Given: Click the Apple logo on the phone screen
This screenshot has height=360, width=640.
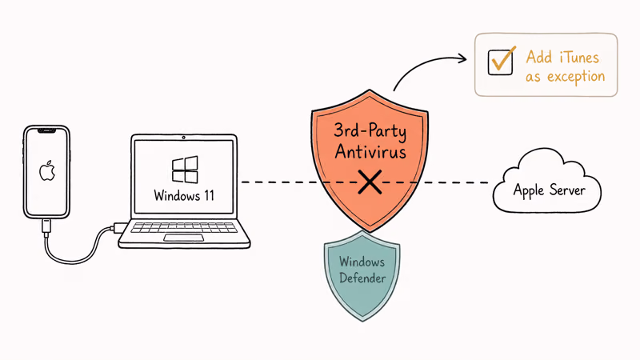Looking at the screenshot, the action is point(47,170).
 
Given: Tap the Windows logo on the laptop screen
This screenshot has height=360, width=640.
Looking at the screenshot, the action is point(185,170).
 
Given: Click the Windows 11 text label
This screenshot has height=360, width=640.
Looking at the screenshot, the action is point(184,195).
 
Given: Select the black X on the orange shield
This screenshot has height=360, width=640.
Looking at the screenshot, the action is point(370,182).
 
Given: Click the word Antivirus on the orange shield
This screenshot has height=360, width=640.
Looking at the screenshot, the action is point(370,152).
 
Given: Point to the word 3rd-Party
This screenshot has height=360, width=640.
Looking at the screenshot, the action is point(370,131).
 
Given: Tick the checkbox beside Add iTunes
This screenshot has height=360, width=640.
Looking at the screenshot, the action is point(501,62).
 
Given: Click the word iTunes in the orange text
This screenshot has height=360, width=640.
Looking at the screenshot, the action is point(579,57).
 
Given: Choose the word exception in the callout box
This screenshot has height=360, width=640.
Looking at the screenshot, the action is point(576,77).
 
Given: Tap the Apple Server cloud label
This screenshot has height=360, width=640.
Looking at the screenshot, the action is point(550,190).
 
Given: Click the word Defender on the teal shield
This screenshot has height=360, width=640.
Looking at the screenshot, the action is point(362,278).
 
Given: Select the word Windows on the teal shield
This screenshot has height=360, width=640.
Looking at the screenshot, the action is point(362,262).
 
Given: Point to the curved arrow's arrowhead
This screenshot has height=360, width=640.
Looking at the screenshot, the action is point(462,58).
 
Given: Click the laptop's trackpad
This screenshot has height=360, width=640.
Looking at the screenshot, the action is point(184,238).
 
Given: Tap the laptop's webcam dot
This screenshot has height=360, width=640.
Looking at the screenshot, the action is point(184,138).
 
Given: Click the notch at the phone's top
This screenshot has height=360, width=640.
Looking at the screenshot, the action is point(46,130).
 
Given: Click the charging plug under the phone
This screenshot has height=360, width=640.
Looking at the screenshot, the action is point(46,226).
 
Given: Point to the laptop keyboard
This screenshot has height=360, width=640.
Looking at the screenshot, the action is point(184,227).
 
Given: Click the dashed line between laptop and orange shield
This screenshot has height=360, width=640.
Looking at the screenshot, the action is point(278,182).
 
